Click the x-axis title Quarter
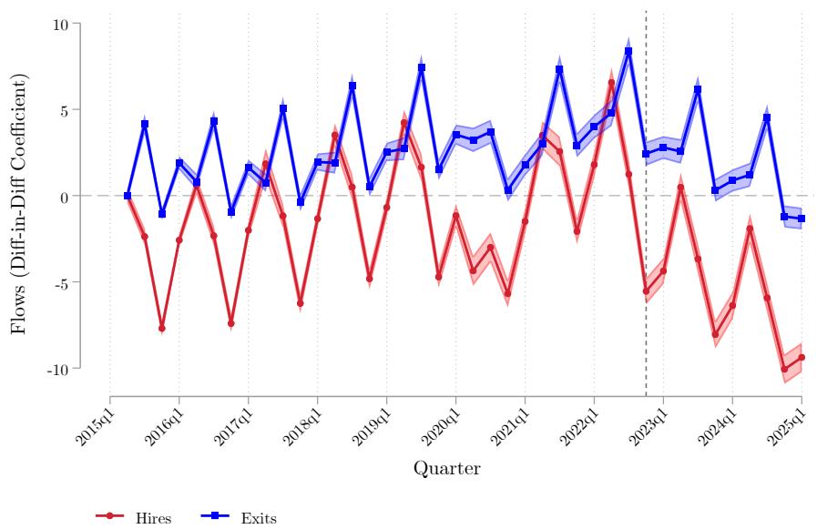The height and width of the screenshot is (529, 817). (446, 469)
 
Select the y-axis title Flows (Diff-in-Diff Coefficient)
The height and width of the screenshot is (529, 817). (20, 196)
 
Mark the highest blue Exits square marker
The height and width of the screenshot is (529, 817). (628, 52)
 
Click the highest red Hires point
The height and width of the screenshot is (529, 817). (611, 83)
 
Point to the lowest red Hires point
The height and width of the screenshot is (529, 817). (784, 370)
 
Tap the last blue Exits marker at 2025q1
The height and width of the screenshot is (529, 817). (802, 219)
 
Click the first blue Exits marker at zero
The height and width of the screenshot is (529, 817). (128, 196)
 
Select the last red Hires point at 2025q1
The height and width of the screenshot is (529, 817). (802, 358)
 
